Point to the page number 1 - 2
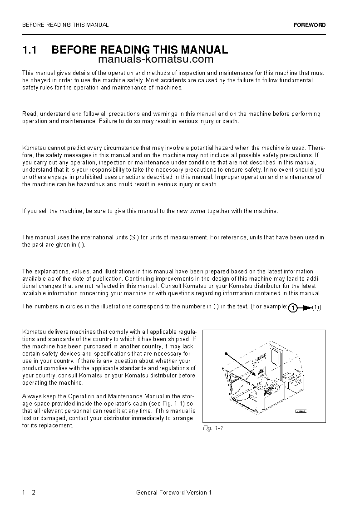coord(29,492)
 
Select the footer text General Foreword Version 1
coord(174,492)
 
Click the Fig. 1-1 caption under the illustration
coord(213,428)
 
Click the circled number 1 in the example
coord(293,308)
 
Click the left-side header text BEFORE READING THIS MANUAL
coord(65,25)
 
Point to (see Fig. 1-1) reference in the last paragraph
coord(170,404)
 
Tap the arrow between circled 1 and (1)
coord(306,308)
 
